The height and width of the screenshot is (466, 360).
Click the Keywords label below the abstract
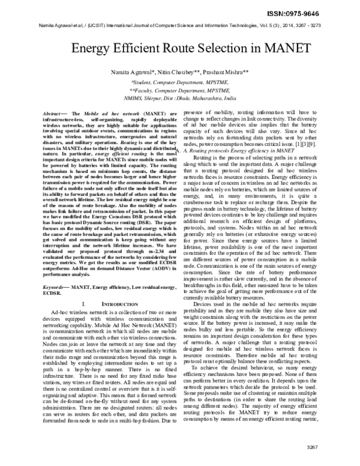pyautogui.click(x=56, y=288)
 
